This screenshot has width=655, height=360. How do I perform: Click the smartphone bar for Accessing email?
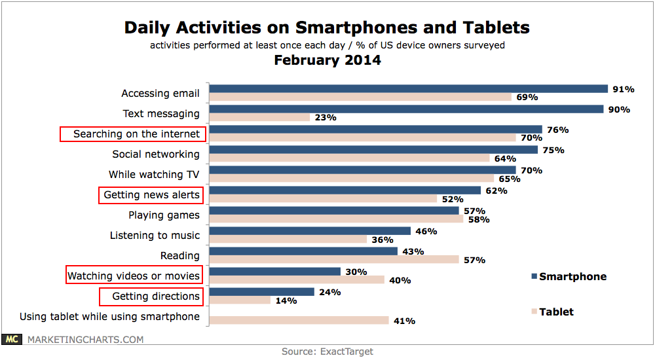coord(409,89)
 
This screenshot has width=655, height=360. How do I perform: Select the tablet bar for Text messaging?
coord(260,118)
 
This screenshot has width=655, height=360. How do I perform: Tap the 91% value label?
coord(623,89)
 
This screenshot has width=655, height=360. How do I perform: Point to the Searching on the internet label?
coord(136,134)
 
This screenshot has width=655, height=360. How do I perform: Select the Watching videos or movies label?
coord(134,276)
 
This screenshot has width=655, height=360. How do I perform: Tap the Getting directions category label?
coord(155,296)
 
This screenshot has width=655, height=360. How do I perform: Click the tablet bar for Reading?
coord(334,260)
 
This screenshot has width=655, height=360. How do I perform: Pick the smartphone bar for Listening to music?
coord(310,231)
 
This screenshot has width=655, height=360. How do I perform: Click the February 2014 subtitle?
coord(327,61)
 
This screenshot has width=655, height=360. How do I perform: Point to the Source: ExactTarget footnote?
coord(327,351)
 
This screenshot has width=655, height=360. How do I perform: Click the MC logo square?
coord(10,339)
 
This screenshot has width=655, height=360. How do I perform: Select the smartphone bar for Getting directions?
coord(262,292)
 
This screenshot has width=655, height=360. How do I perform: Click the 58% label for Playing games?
coord(476,219)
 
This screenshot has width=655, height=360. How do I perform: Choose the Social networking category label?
coord(156,154)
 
